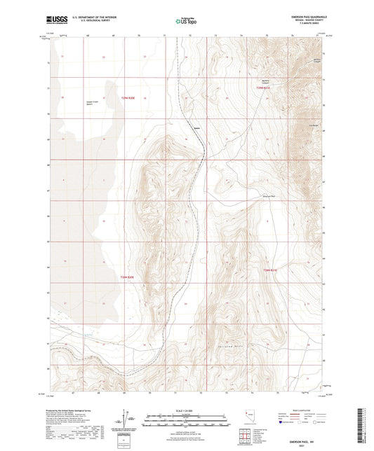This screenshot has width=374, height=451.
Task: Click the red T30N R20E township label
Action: [x=127, y=99]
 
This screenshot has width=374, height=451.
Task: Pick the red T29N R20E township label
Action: [x=127, y=277]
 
